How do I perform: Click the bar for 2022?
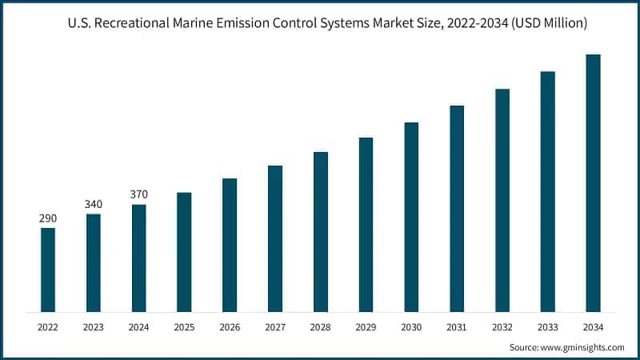coord(48,270)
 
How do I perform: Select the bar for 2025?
coord(184,252)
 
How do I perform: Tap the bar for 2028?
coord(321,231)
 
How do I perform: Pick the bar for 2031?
coord(457,208)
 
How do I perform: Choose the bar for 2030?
coord(411,217)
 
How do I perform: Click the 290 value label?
coord(48,218)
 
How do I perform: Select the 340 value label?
coord(94,204)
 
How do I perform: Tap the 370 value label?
coord(139,194)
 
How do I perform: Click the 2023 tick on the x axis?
coord(94,326)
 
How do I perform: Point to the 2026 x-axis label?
coord(230,326)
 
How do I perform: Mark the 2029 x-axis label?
coord(366,326)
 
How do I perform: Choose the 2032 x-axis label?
coord(502,326)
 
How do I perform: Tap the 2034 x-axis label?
coord(593,326)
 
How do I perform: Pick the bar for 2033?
coord(547,191)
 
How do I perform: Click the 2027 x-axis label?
coord(275,326)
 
